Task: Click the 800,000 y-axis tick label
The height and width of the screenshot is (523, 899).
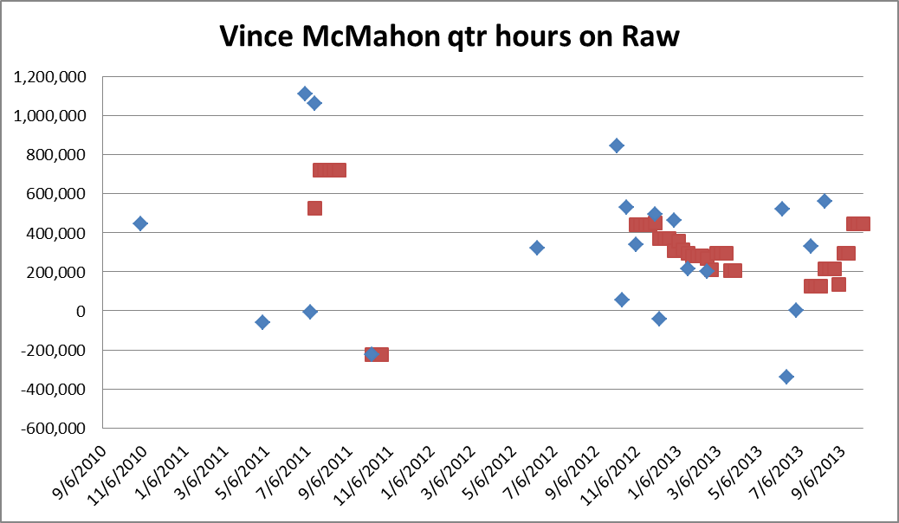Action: (56, 155)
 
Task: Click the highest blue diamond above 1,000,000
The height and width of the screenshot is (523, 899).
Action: (305, 94)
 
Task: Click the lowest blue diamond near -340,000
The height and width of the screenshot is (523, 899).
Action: (786, 377)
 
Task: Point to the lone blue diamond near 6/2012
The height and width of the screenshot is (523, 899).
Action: (537, 248)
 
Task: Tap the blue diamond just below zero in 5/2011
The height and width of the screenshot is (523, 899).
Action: (262, 322)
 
